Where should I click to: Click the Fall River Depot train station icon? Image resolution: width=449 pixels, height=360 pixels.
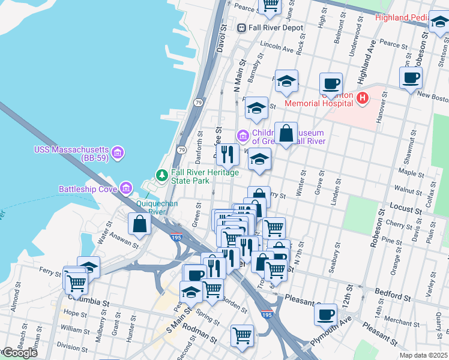[241, 28]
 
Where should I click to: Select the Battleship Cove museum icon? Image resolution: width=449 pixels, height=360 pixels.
[126, 189]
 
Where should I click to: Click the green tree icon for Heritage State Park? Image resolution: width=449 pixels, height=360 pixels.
[161, 175]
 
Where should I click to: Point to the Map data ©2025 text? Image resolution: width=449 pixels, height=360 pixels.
[423, 355]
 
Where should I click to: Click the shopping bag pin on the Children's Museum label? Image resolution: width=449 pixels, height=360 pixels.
[286, 133]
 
